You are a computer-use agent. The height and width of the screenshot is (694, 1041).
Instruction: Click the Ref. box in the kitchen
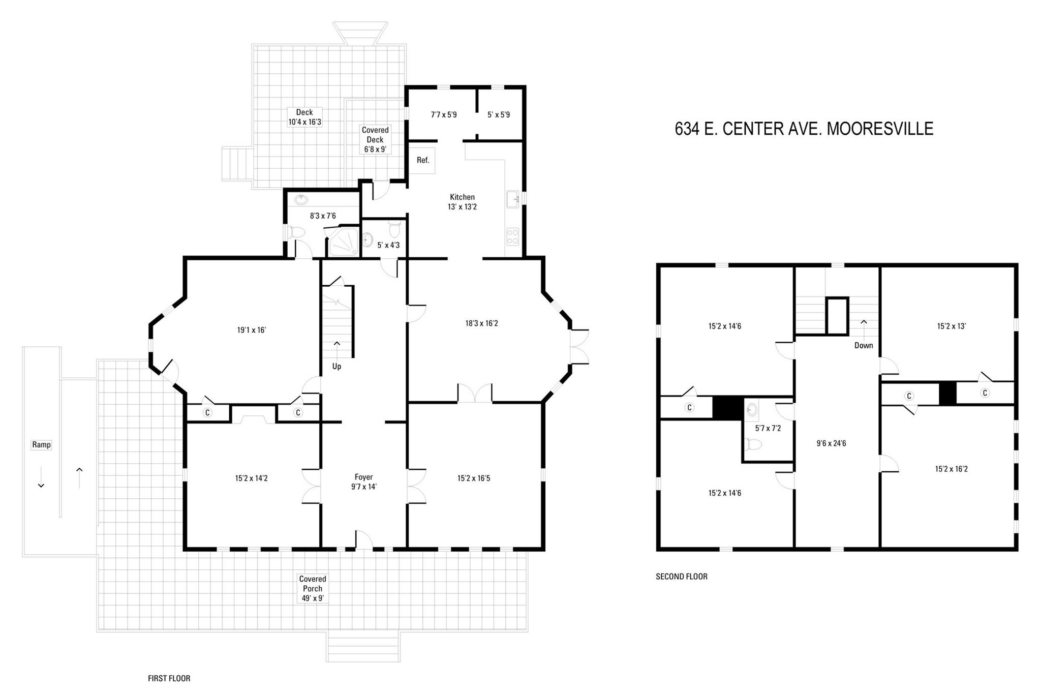tap(422, 160)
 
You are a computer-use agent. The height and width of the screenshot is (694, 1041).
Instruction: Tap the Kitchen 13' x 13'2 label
tap(462, 202)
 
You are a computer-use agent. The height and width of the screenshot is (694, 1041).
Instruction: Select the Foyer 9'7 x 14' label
tap(363, 481)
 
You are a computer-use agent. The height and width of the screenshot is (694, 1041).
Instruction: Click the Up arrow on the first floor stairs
tap(336, 344)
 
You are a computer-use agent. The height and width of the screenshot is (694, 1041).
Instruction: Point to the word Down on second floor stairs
tap(863, 345)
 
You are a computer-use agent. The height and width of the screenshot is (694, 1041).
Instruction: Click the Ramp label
tap(41, 445)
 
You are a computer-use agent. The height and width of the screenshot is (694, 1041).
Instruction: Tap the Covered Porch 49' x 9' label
tap(312, 588)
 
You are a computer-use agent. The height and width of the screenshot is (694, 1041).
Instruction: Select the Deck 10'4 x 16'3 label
tap(304, 117)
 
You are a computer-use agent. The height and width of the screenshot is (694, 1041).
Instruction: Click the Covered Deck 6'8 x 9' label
tap(375, 139)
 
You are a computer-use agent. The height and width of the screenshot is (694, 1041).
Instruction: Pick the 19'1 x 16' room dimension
tap(251, 330)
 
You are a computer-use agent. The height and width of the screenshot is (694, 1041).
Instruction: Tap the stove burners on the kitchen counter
tap(512, 236)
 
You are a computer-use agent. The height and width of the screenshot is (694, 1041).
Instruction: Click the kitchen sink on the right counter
tap(512, 198)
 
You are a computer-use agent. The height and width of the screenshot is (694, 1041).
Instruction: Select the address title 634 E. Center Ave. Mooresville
tap(804, 129)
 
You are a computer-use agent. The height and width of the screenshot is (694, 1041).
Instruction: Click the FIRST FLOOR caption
tap(169, 678)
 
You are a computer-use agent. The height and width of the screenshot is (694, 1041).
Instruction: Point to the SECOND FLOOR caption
tap(681, 577)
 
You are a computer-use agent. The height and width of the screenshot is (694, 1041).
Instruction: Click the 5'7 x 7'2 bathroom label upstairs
tap(768, 428)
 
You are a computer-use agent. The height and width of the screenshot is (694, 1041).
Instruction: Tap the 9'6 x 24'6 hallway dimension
tap(831, 443)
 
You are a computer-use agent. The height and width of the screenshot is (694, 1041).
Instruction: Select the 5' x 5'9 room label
tap(498, 115)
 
